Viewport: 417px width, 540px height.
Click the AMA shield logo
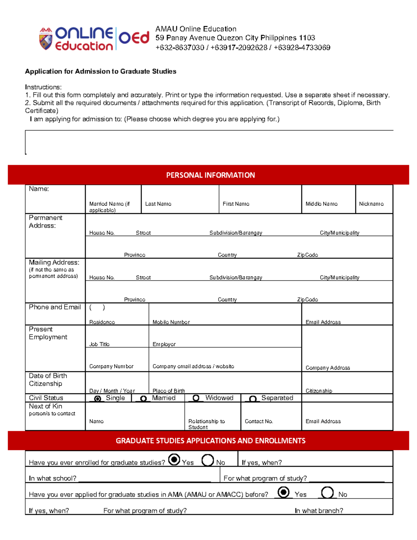(x=46, y=39)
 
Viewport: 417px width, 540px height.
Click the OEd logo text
(x=134, y=38)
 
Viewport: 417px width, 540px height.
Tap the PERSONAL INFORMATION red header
(x=210, y=175)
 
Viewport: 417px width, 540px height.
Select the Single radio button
(x=98, y=398)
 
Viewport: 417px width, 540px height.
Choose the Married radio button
(x=143, y=398)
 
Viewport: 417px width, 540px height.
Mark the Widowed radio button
(x=196, y=398)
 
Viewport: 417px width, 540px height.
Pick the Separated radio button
(x=253, y=398)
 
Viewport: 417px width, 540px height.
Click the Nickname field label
(x=371, y=204)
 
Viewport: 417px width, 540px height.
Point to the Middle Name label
(x=321, y=204)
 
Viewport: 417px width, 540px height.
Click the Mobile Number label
(x=171, y=322)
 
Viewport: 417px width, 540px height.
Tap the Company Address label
(x=328, y=368)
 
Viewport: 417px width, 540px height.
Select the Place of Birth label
(x=169, y=390)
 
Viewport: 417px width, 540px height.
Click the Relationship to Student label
(x=206, y=424)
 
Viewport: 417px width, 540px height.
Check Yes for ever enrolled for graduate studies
(x=174, y=460)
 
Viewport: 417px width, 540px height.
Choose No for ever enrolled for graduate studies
(x=207, y=460)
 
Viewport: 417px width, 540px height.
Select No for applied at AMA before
(x=327, y=492)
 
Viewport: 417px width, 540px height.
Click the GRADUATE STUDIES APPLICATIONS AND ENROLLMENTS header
(x=210, y=441)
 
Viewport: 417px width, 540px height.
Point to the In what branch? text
(x=319, y=510)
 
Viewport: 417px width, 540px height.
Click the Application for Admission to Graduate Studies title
(x=100, y=71)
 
